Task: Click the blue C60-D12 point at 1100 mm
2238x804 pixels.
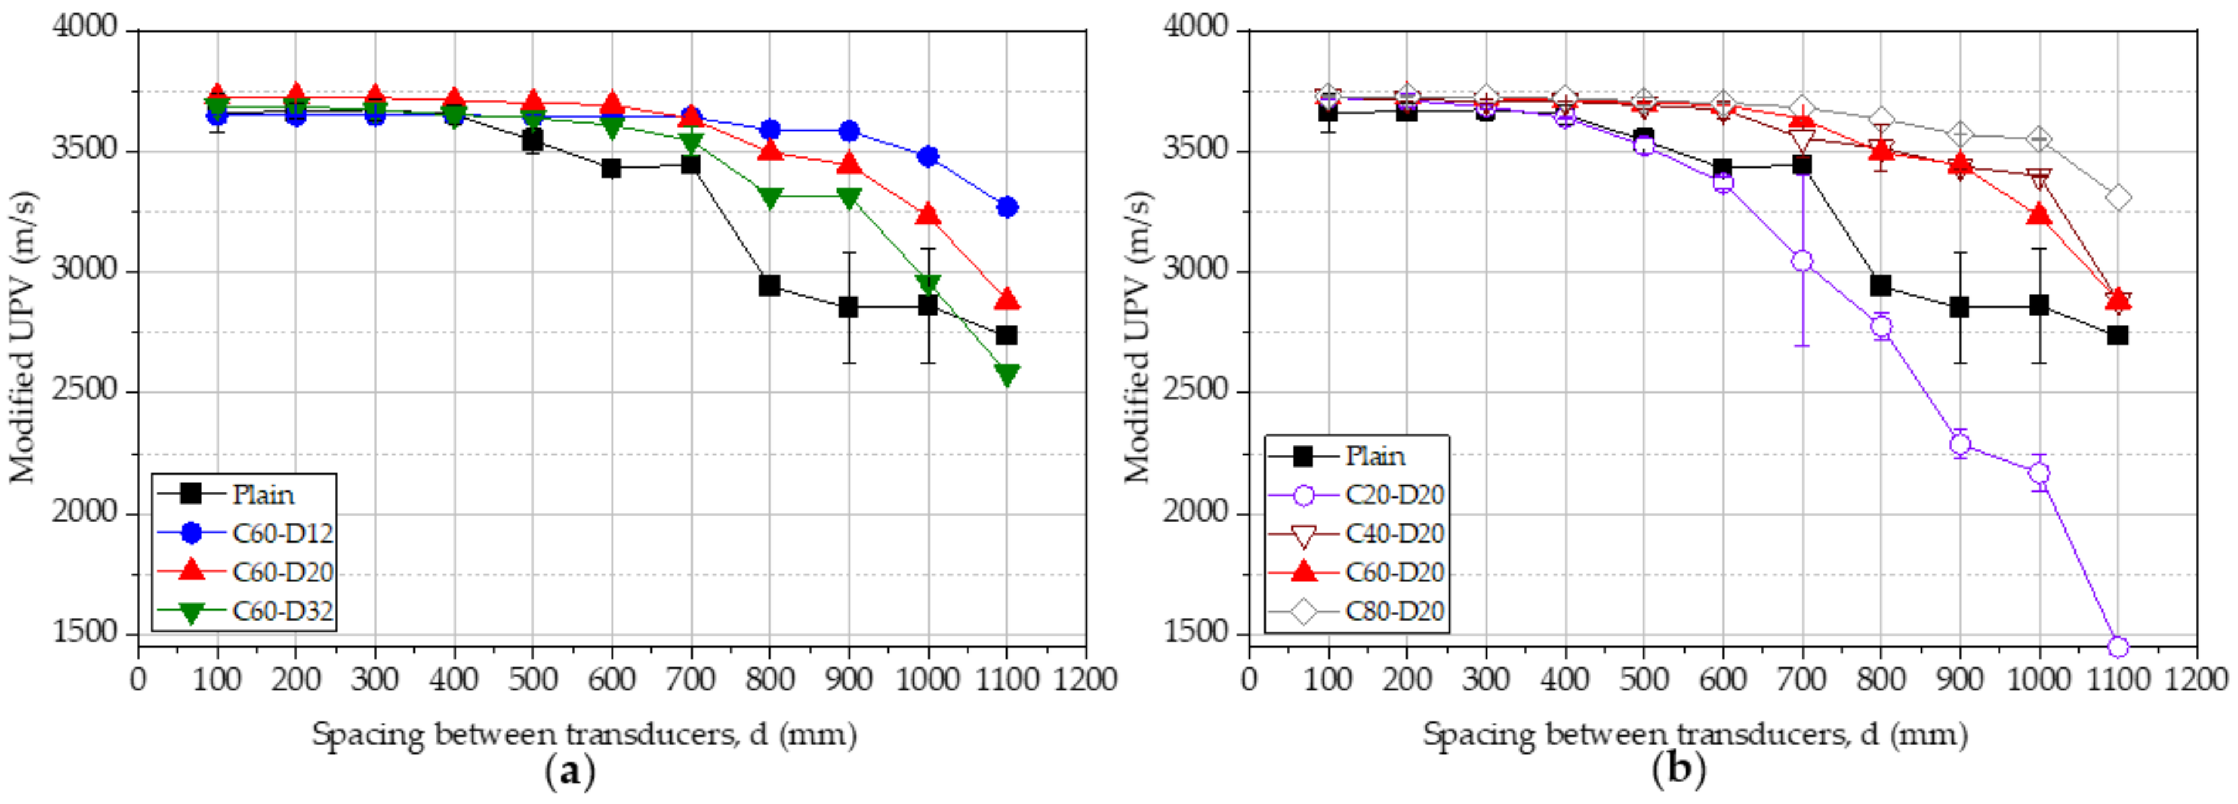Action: point(1007,207)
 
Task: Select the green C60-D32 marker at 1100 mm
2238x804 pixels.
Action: point(1007,374)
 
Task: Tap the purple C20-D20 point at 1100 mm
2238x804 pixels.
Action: point(2117,647)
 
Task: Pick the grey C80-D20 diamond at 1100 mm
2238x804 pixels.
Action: point(2117,198)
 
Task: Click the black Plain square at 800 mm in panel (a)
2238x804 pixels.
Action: point(769,285)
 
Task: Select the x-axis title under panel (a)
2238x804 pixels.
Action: point(584,734)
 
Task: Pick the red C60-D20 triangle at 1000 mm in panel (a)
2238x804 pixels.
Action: point(928,213)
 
